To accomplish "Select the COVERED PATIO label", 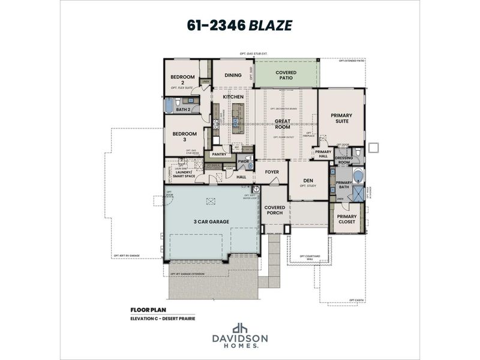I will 286,76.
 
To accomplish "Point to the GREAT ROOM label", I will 283,124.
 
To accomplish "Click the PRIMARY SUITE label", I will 341,118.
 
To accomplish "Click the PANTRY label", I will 218,154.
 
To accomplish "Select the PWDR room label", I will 243,162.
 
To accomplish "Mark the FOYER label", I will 272,172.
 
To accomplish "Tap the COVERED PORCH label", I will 275,211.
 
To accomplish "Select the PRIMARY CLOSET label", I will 346,219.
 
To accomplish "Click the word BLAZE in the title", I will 272,26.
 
